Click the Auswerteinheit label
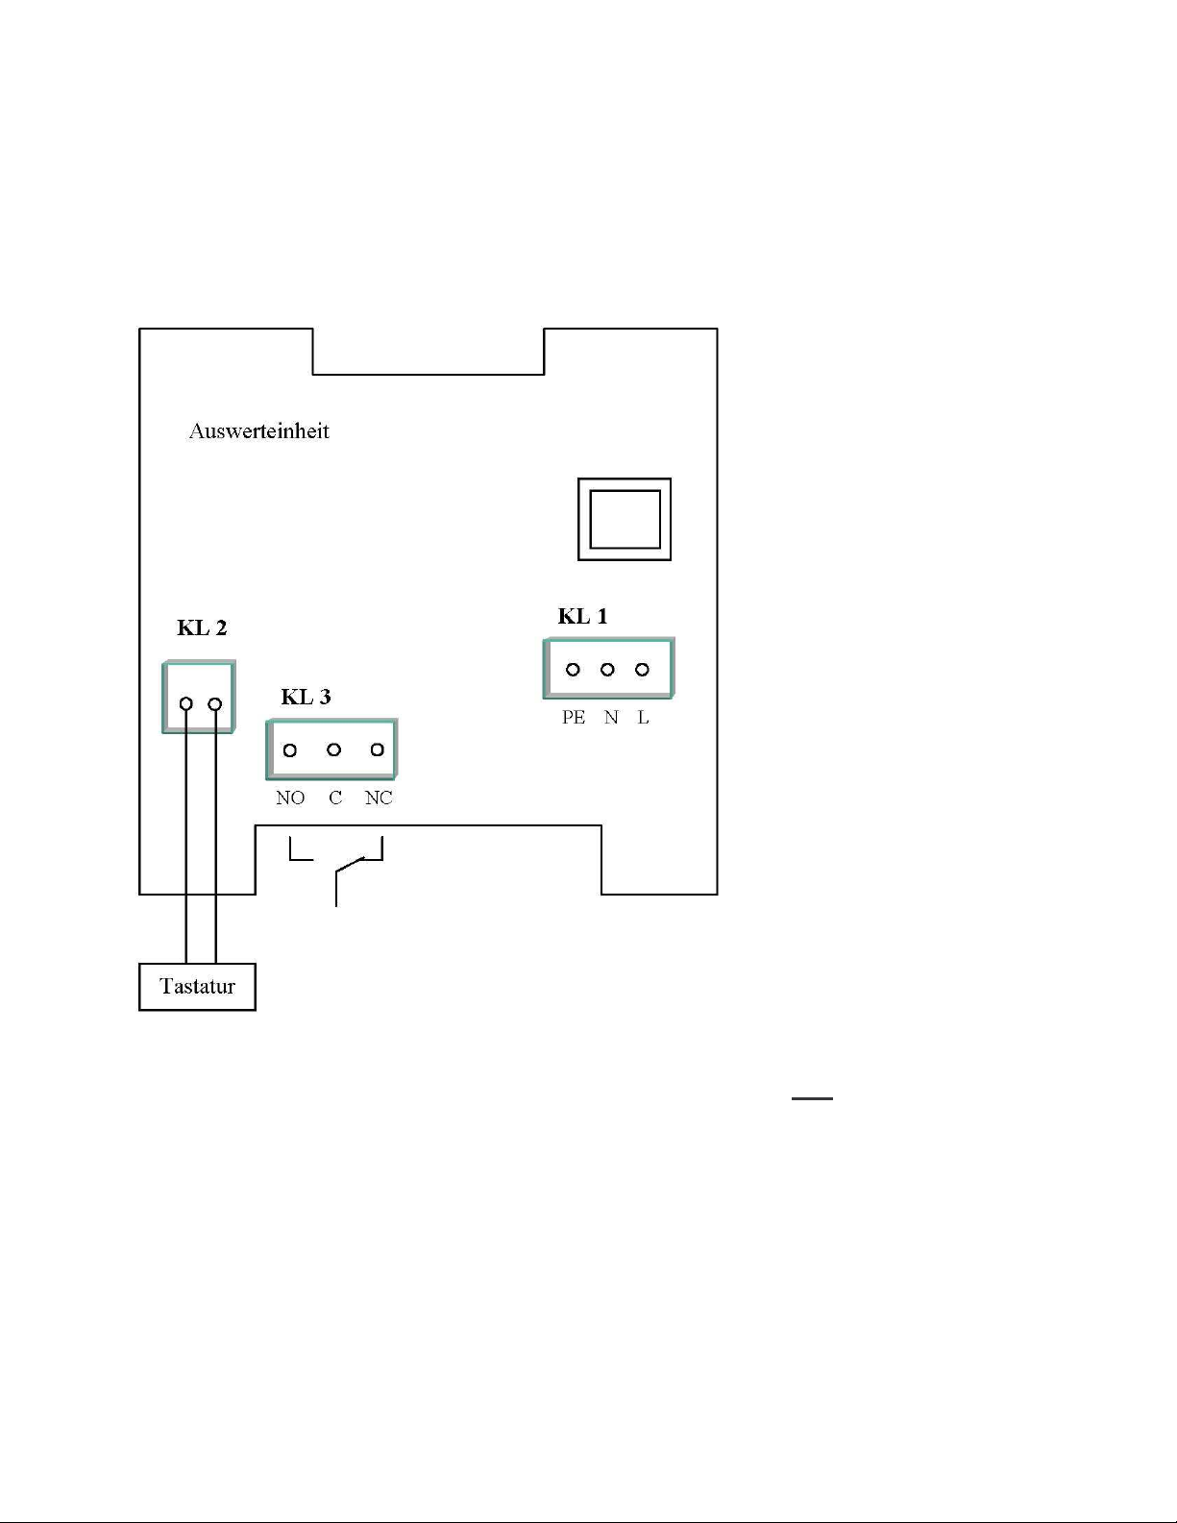258,430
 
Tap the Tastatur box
197,987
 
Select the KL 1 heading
582,616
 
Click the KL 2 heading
202,628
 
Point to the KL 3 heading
306,697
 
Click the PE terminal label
574,718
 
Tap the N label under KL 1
611,718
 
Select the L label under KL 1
643,718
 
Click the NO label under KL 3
289,798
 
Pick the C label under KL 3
335,798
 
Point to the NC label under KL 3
379,798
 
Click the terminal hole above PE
573,670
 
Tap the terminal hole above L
642,670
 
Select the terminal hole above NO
290,749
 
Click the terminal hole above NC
378,749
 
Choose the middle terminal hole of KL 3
333,749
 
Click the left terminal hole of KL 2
186,704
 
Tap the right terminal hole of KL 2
215,704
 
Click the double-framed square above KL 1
625,519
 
